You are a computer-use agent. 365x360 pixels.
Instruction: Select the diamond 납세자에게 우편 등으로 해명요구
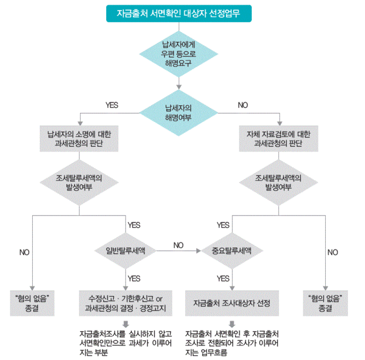pyautogui.click(x=178, y=54)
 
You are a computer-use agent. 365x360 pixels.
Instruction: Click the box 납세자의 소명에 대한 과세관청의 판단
pyautogui.click(x=79, y=139)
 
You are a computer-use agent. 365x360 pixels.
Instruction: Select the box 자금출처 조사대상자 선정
pyautogui.click(x=232, y=303)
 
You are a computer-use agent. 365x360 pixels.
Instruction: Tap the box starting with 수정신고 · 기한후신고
pyautogui.click(x=126, y=303)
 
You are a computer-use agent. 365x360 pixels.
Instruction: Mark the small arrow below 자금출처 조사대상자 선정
pyautogui.click(x=232, y=323)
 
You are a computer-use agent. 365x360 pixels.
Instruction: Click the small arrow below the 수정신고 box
pyautogui.click(x=126, y=323)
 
